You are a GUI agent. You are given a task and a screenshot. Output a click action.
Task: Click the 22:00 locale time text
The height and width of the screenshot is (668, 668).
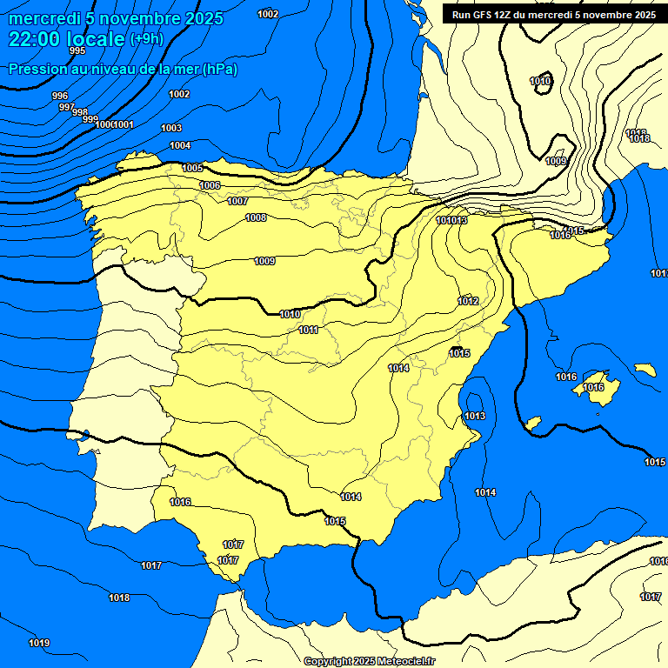[66, 38]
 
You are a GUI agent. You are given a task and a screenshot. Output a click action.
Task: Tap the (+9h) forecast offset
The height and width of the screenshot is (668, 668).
[145, 39]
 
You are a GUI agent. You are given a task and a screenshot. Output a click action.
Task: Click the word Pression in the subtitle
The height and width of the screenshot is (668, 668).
[36, 69]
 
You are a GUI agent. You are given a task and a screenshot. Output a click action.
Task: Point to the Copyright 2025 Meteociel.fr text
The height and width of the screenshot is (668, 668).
[370, 662]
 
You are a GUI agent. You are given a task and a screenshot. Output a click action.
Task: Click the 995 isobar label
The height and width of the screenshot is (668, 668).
[77, 51]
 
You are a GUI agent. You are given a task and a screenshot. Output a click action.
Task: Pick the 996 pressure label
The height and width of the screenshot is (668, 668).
[60, 96]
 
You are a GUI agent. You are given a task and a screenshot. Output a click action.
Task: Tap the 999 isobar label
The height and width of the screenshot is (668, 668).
[90, 119]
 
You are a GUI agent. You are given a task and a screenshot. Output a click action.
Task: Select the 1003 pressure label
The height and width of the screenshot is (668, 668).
[171, 128]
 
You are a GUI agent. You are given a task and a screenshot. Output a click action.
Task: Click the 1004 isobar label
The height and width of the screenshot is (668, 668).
[180, 145]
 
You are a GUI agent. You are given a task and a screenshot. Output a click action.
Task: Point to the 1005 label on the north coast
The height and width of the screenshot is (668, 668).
[192, 168]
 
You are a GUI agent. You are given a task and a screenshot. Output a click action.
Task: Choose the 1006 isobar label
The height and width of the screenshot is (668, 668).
[210, 185]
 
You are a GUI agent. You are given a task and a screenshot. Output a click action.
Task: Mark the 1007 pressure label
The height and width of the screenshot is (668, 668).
[237, 201]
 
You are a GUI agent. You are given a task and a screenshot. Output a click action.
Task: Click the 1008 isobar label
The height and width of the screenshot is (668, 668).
[256, 217]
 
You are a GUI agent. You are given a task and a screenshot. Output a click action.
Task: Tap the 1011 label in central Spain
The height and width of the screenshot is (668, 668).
[309, 330]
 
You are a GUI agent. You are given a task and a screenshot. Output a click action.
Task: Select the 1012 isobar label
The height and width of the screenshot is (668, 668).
[468, 301]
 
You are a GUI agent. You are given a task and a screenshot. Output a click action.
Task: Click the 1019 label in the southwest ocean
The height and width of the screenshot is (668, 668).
[39, 643]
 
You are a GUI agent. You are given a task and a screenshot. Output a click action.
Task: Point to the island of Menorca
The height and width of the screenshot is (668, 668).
[645, 370]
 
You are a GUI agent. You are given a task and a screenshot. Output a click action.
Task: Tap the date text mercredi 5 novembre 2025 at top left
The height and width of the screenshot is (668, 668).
[116, 18]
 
